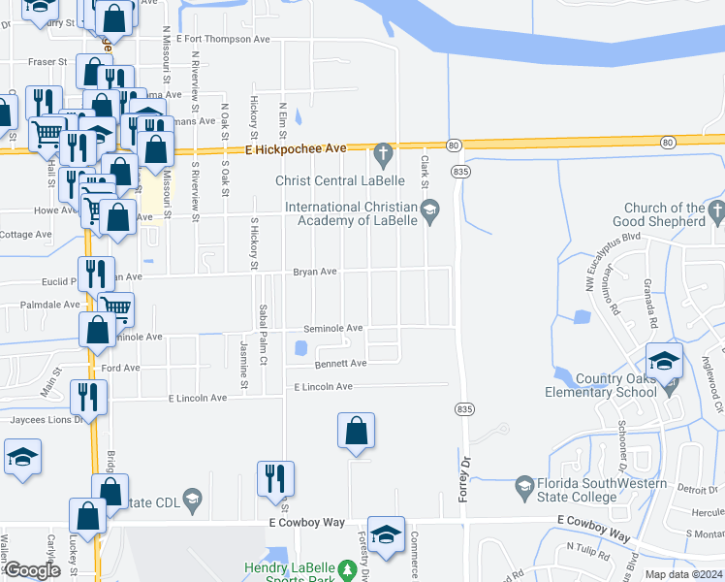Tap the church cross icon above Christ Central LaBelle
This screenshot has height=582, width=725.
click(383, 152)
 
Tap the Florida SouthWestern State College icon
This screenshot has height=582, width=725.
click(524, 484)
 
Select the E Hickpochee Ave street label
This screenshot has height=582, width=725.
click(296, 149)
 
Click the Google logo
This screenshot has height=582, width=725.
click(32, 570)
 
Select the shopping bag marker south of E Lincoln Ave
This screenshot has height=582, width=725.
click(356, 430)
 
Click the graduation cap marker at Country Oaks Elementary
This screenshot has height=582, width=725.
click(664, 363)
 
